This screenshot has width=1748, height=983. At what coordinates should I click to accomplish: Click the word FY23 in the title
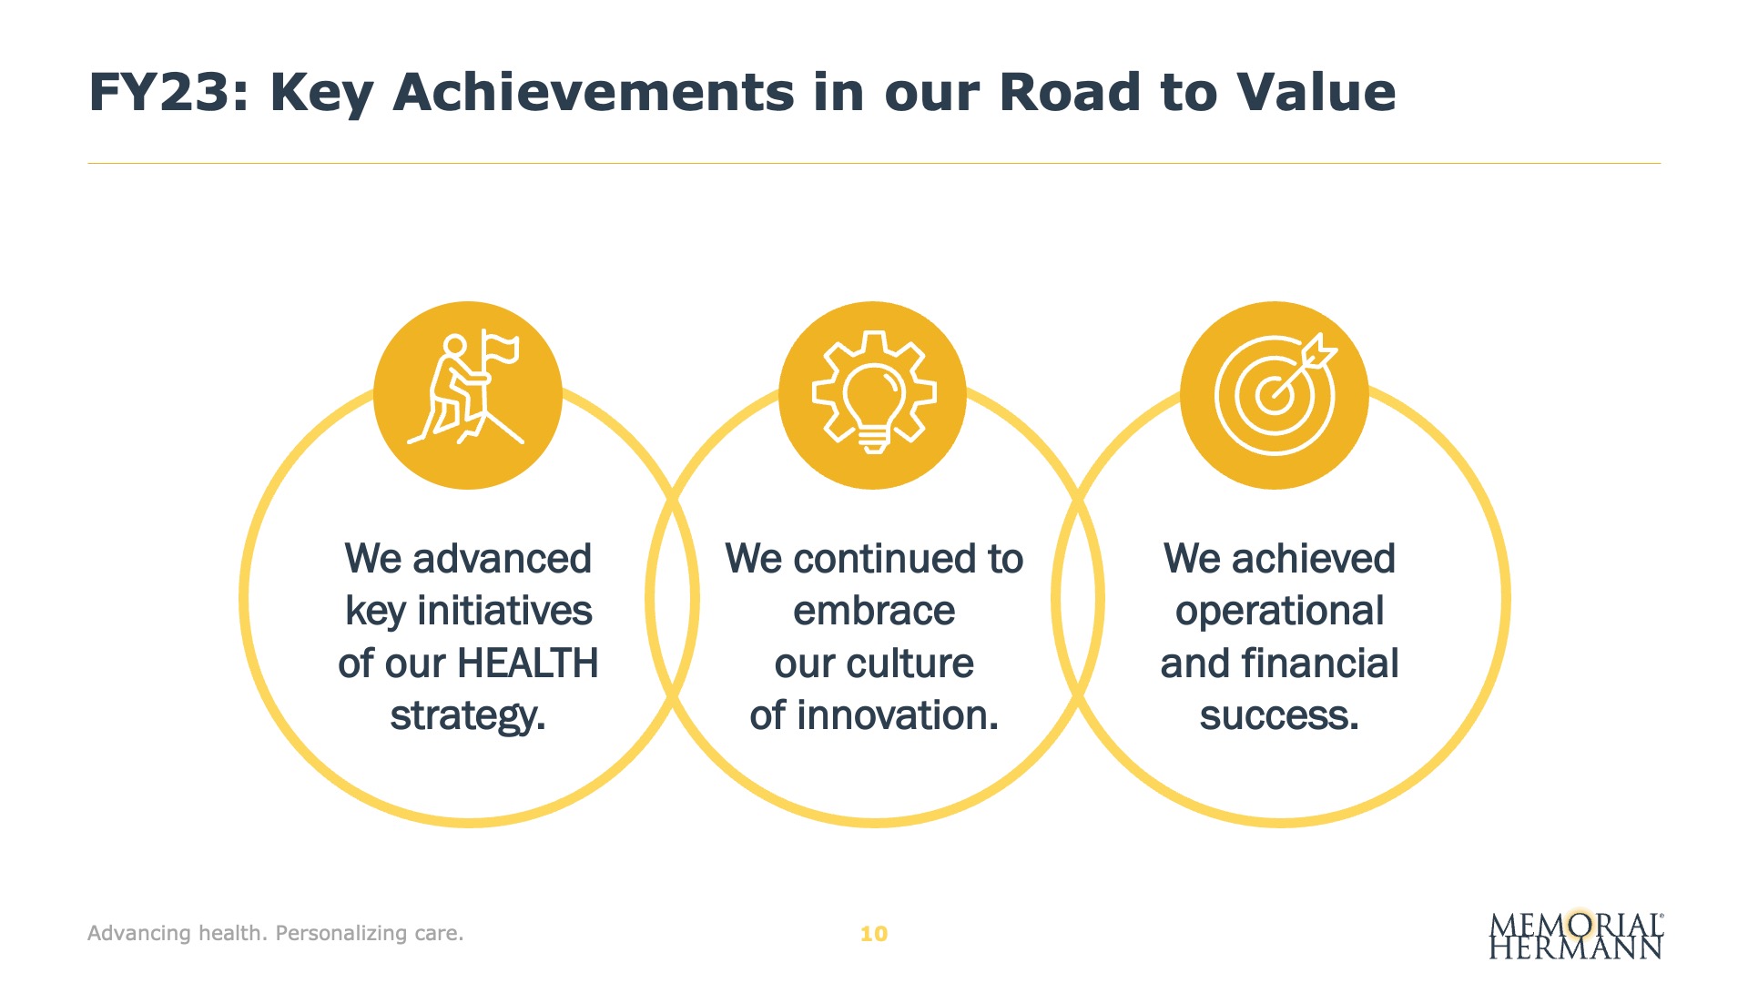168,92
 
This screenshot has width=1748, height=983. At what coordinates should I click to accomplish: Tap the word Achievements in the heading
593,92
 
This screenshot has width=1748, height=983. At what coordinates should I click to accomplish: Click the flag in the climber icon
500,347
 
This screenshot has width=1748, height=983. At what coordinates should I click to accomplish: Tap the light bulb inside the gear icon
874,406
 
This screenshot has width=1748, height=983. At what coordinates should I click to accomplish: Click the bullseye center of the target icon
1272,396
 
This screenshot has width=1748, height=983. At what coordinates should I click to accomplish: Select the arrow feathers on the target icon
1320,351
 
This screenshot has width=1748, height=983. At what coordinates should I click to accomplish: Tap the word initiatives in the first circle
504,611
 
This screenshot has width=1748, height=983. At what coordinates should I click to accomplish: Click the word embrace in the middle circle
874,611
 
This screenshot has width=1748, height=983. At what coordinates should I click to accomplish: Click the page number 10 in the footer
874,934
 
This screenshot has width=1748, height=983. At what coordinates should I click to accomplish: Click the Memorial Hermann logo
1576,935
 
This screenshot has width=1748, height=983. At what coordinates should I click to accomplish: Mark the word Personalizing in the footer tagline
341,934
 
